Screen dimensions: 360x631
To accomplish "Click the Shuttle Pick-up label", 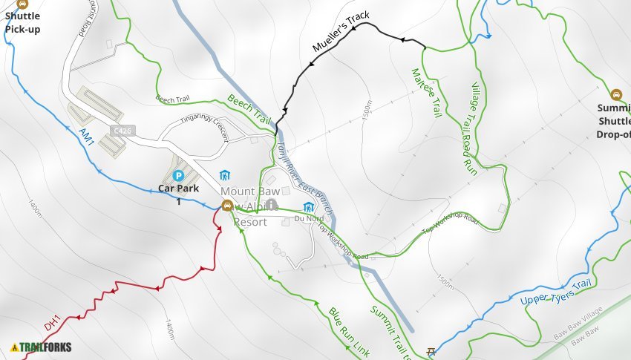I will pos(22,23).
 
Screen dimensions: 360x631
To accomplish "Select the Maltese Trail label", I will pos(426,92).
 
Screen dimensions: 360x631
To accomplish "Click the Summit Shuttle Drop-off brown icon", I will pos(615,94).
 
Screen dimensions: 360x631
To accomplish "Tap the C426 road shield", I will pos(120,131).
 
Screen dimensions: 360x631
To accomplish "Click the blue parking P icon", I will pos(178,175).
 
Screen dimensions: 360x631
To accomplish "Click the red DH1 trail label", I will pos(52,324).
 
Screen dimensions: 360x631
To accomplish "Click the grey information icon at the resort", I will pos(272,204).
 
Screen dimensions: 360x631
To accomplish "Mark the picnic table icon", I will pos(430,351).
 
